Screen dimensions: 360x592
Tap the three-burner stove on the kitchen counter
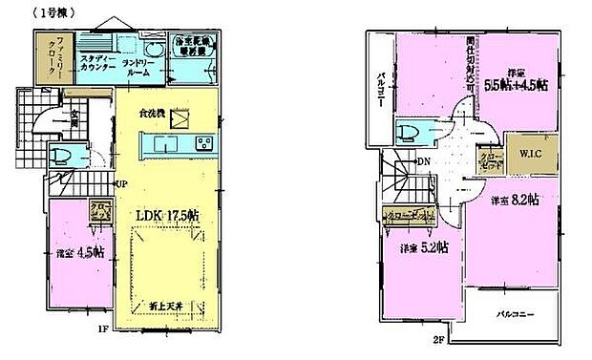tap(205, 144)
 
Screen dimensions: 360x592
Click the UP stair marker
tap(121, 183)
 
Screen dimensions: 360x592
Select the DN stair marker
tap(423, 161)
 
